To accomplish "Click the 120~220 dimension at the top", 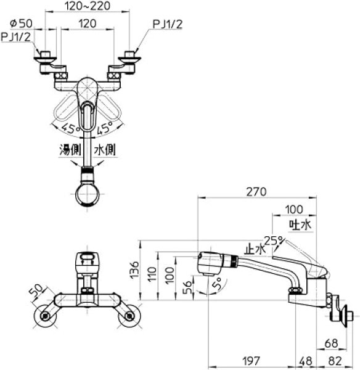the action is [x=88, y=6].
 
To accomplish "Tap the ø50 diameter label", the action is [x=21, y=23].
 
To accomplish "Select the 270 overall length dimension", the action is [x=256, y=192].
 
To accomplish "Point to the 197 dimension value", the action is [x=252, y=361].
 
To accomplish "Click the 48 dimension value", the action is [x=306, y=361].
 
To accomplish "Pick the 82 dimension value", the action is [x=335, y=361].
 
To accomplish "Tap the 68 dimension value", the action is [x=331, y=343].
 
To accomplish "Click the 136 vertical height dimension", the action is [x=135, y=270].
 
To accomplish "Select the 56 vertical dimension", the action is [x=188, y=287].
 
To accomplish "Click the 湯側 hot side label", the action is [x=70, y=150].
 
